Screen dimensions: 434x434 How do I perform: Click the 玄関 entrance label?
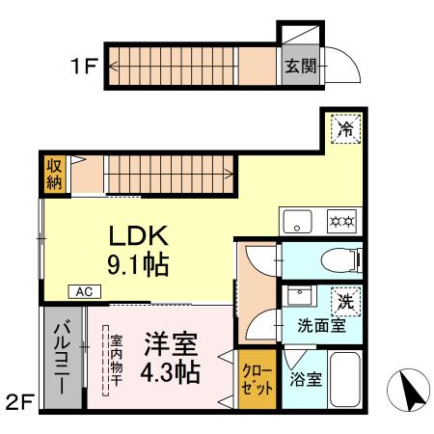pos(301,67)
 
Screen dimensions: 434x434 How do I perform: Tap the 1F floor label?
pos(84,67)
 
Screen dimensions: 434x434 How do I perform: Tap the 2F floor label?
pos(20,402)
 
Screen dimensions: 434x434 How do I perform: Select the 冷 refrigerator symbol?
pos(346,128)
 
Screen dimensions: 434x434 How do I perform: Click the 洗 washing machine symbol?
pos(346,302)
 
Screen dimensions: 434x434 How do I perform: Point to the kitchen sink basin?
pos(297,221)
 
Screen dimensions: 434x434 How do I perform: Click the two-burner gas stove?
pos(342,221)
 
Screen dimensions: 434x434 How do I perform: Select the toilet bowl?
pos(341,260)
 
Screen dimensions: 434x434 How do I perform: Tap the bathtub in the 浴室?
pos(344,379)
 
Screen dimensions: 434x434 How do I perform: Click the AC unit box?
pos(85,291)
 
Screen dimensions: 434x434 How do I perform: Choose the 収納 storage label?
pos(54,175)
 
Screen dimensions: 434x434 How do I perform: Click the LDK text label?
pos(139,235)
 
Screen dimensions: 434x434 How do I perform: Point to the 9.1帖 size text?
pos(138,265)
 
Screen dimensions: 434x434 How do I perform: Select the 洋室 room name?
pos(171,344)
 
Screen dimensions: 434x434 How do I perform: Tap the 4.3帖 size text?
pos(171,372)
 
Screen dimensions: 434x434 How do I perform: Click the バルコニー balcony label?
pos(62,358)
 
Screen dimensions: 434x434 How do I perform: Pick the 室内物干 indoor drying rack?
pos(106,361)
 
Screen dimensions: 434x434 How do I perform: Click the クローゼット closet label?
pos(257,379)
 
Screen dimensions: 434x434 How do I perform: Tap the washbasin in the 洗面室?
pos(299,296)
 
